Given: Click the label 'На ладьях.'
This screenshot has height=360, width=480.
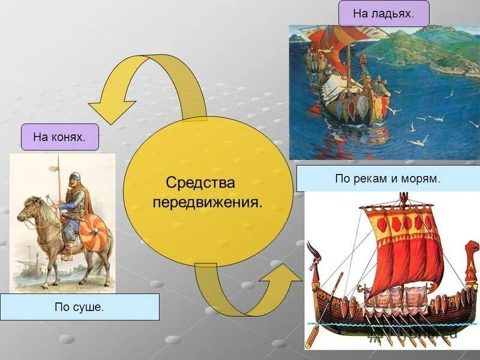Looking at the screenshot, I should point(383,13).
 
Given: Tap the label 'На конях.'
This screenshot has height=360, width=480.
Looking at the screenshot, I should point(59,137).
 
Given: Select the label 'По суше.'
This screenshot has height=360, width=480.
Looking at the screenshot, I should point(79,307).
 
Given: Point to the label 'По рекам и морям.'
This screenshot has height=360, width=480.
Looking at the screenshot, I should point(388,178).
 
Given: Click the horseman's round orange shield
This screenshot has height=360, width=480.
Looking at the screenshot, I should point(93,233).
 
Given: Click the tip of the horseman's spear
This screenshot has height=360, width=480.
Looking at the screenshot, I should point(58,158).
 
